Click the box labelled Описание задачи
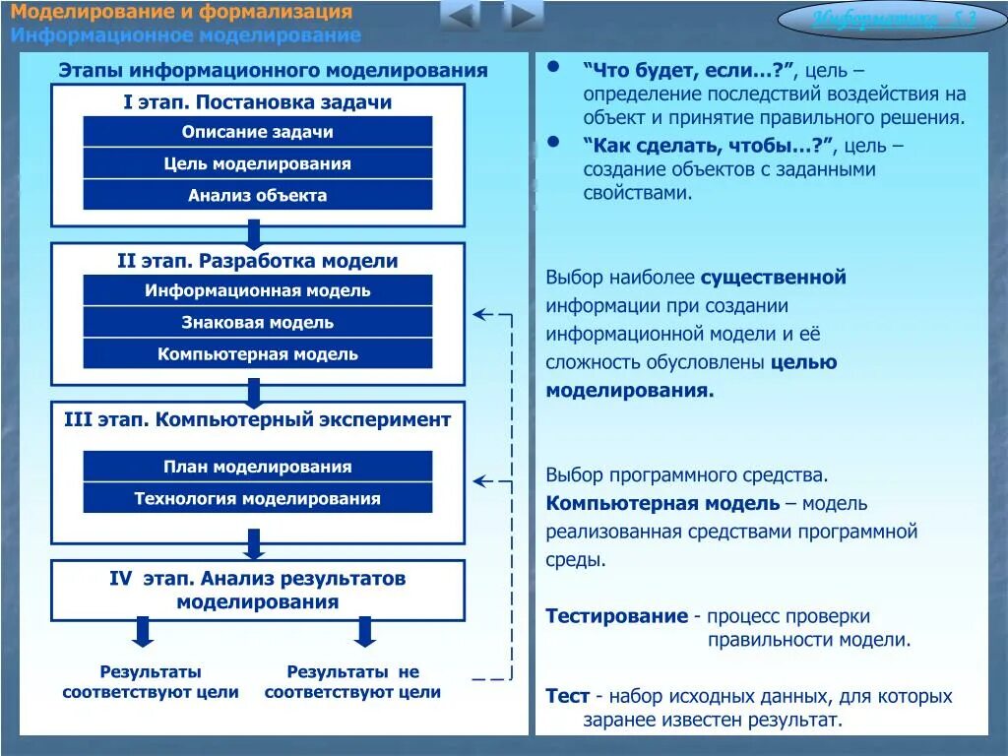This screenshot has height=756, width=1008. [x=257, y=132]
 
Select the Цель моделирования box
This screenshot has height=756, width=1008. [x=257, y=163]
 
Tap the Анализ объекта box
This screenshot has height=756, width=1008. [x=257, y=195]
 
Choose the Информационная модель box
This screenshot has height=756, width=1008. [x=257, y=290]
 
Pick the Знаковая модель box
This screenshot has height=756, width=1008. [x=257, y=322]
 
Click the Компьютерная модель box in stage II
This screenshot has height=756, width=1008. [x=257, y=353]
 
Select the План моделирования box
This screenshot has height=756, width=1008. [x=257, y=467]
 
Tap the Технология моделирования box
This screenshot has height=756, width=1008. [x=257, y=498]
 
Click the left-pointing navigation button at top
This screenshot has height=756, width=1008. [x=461, y=16]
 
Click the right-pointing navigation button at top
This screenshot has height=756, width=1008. [x=523, y=16]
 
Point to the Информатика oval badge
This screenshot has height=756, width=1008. [x=893, y=20]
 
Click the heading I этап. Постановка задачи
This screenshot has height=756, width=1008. [x=257, y=102]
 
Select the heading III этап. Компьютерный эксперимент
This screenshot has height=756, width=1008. [x=257, y=419]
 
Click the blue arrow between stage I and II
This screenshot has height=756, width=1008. [x=254, y=233]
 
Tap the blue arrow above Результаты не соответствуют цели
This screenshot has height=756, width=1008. [x=365, y=631]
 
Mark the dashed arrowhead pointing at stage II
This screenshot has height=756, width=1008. [x=482, y=315]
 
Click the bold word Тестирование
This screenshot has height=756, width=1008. [x=616, y=616]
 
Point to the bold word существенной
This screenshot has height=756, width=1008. [x=773, y=278]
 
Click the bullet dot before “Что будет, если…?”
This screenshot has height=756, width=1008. [x=553, y=67]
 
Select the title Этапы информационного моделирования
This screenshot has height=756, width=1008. [x=273, y=70]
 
